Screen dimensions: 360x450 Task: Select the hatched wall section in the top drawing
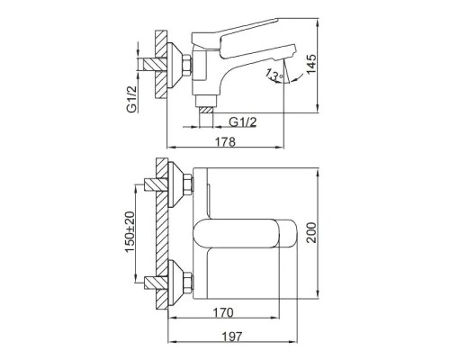coord(161,67)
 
